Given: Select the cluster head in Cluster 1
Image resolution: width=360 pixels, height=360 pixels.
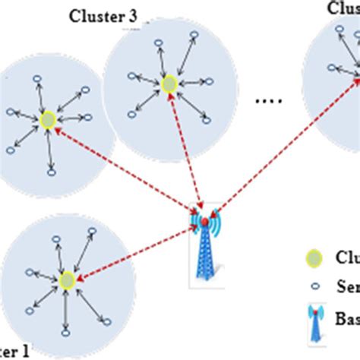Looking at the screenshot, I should click(x=66, y=279).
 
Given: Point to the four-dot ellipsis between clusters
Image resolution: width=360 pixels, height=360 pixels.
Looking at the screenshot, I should click(x=269, y=99).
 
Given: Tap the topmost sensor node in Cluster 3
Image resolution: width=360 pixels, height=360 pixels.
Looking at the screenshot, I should click(x=194, y=35).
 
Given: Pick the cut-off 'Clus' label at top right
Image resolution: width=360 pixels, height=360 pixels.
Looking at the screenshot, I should click(x=343, y=8).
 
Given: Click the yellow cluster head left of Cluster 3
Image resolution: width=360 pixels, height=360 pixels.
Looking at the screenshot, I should click(x=47, y=120).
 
